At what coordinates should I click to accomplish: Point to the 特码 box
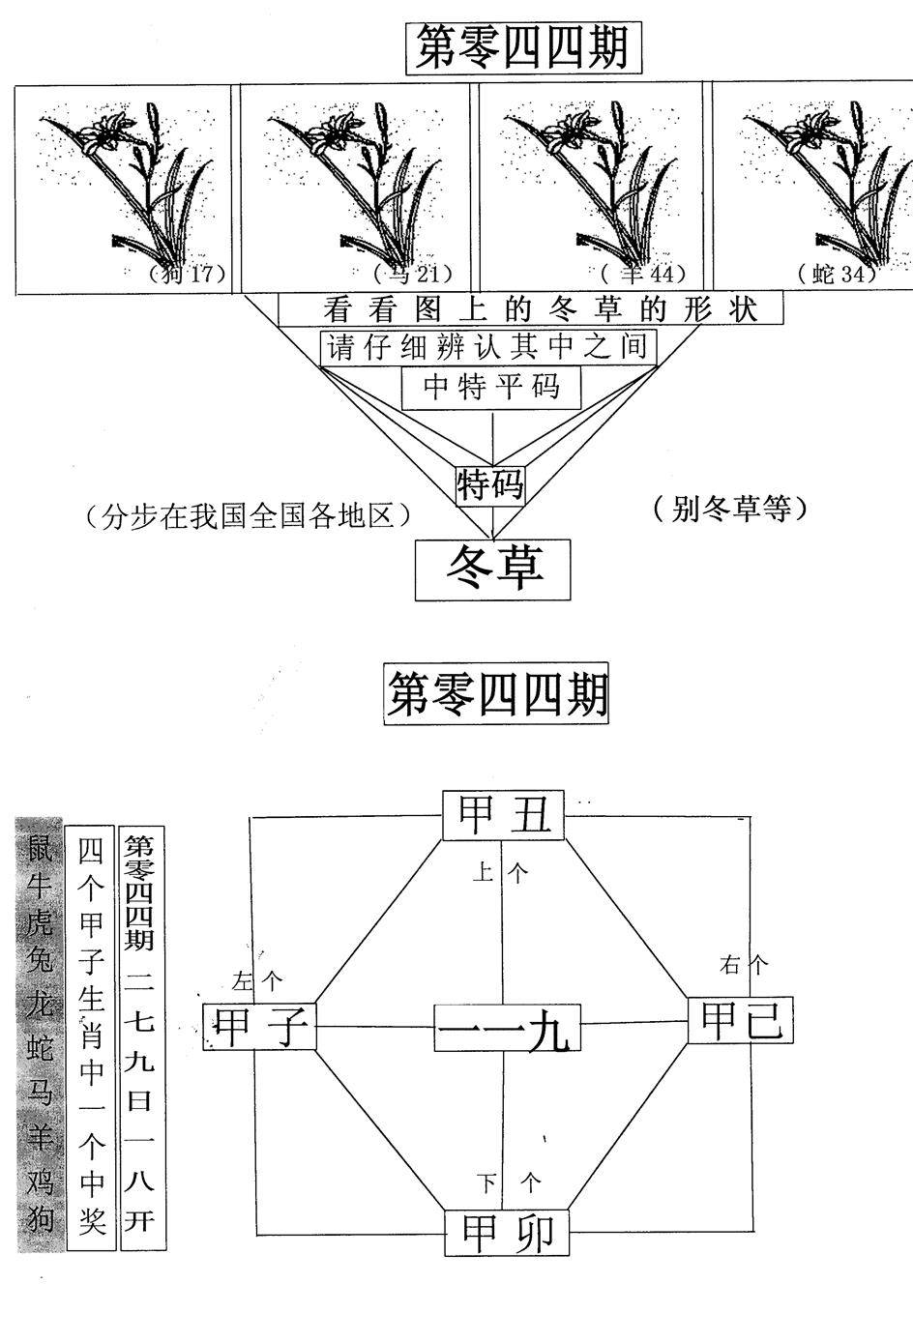(x=491, y=483)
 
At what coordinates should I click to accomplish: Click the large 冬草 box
(x=493, y=569)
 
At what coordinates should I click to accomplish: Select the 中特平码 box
(x=492, y=388)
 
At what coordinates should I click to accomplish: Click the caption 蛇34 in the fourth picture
(x=838, y=274)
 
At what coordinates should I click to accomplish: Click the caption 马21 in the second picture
(x=412, y=274)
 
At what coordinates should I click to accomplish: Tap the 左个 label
(x=257, y=981)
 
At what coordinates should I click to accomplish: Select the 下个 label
(x=509, y=1182)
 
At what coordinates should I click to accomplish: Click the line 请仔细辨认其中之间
(x=487, y=347)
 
